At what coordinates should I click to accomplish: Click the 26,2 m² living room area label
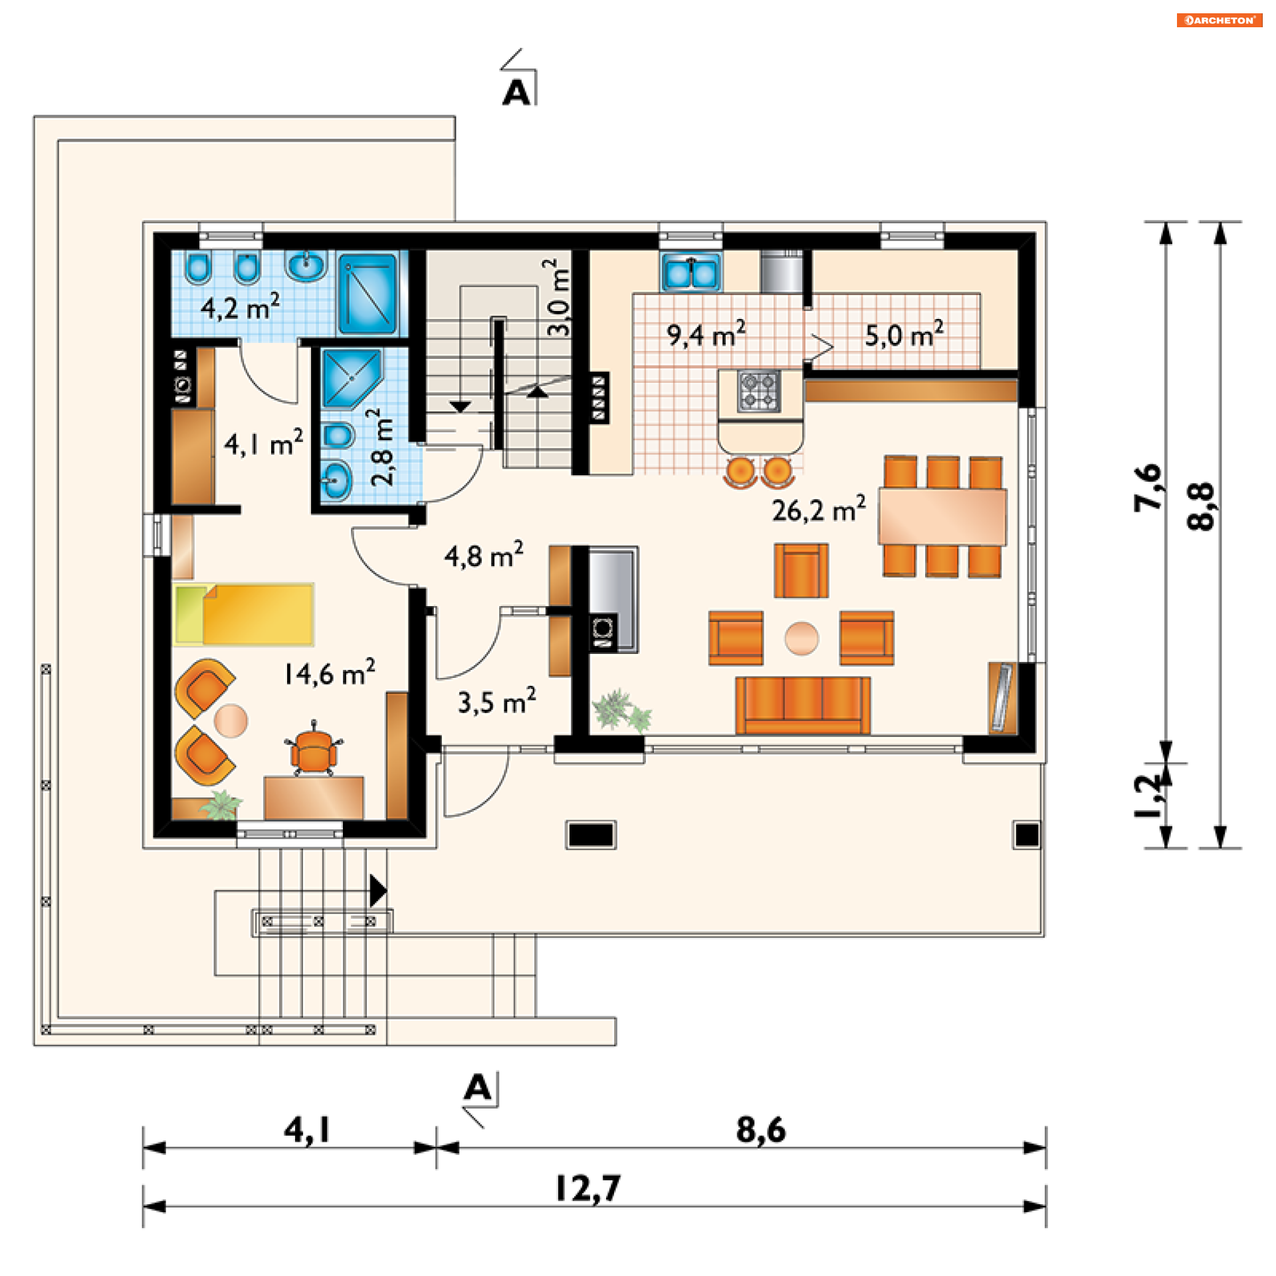(x=818, y=509)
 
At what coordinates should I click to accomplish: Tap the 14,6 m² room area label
(x=330, y=673)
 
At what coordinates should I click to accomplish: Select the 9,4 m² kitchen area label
(x=706, y=334)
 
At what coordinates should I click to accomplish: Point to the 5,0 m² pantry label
(x=904, y=334)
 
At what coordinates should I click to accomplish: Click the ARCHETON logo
(x=1220, y=20)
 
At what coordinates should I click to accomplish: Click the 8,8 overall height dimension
(x=1202, y=506)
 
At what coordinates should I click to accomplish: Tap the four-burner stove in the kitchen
(x=758, y=391)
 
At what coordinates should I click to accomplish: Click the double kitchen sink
(x=691, y=272)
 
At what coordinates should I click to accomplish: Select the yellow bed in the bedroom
(x=243, y=615)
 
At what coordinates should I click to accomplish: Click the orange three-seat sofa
(x=803, y=705)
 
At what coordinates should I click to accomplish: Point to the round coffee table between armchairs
(x=801, y=638)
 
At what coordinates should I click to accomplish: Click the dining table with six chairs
(x=942, y=517)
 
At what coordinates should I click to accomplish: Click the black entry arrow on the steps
(x=378, y=891)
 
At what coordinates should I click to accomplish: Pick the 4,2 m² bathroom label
(x=240, y=307)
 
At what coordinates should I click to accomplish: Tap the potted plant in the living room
(x=622, y=710)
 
